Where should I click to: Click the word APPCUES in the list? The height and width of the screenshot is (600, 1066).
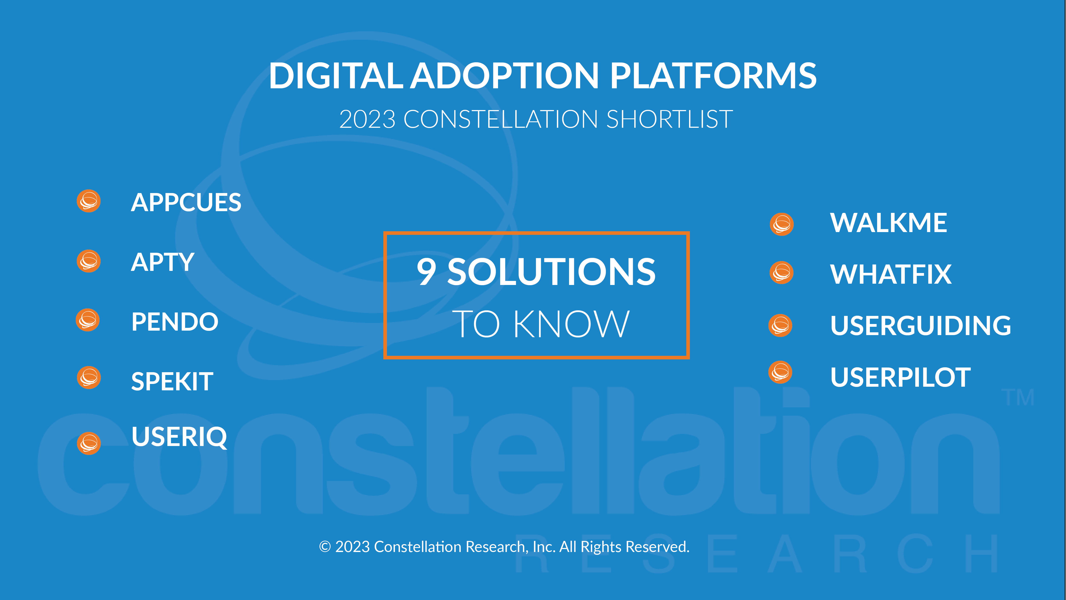coord(186,202)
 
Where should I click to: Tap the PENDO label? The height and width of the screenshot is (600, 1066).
coord(175,322)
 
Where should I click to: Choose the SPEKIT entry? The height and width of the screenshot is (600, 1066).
coord(172,381)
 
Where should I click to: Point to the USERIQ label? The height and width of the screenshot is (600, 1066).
coord(179,437)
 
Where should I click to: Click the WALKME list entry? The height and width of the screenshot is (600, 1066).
coord(888,223)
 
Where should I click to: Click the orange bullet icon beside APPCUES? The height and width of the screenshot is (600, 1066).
coord(88,201)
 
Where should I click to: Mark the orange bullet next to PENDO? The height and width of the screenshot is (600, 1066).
coord(88,320)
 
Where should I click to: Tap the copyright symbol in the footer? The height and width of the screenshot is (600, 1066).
coord(325,547)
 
